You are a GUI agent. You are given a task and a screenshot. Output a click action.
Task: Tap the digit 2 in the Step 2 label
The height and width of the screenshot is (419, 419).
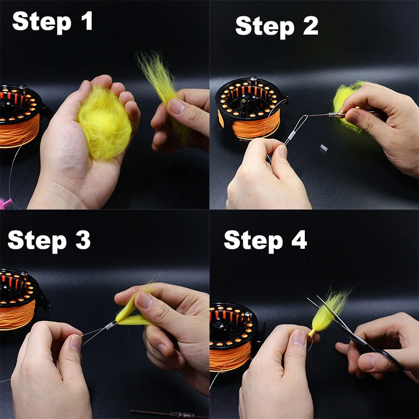click(311, 25)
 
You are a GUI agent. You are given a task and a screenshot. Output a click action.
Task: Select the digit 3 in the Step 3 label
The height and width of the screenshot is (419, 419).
click(83, 240)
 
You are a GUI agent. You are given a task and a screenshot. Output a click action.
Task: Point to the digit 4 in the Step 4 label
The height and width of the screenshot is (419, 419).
click(299, 239)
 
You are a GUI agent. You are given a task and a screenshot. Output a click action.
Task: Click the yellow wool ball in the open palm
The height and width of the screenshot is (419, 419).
click(105, 123)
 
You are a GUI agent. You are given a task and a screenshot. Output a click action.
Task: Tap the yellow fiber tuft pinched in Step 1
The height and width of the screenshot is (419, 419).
click(160, 85)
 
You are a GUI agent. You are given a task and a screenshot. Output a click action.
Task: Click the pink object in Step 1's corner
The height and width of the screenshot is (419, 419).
click(5, 203)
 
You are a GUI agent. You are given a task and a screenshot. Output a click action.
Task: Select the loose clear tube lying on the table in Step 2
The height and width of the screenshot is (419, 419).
click(324, 148)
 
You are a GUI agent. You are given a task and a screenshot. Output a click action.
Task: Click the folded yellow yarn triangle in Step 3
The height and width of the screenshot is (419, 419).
click(131, 313)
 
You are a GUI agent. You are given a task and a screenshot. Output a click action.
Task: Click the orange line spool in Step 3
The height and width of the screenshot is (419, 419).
click(17, 315)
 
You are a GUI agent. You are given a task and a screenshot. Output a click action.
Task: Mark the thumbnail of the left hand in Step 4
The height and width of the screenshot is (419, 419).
click(299, 337)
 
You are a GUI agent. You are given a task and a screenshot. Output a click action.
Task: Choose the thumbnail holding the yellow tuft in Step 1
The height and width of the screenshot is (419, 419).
click(176, 106)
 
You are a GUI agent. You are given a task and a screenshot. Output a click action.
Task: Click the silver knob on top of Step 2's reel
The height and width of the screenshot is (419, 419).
click(253, 79)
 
